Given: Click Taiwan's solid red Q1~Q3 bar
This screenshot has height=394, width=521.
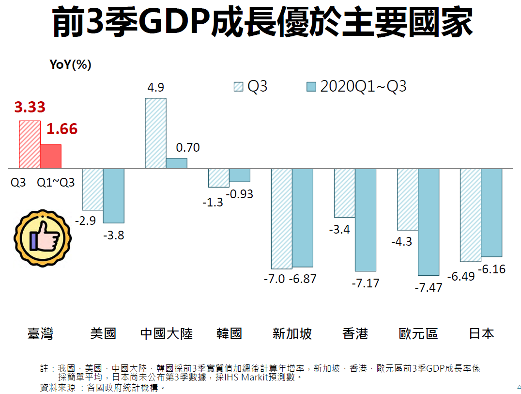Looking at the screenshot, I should point(50,157).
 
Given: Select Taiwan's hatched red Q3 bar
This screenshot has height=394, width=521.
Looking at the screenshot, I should point(30,144).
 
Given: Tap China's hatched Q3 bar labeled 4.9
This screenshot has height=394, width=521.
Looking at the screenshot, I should point(155,133).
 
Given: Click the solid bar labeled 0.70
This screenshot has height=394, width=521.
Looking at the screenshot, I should point(177,163).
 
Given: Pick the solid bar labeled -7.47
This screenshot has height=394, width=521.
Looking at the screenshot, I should point(429,222).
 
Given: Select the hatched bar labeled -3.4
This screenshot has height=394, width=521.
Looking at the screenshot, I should point(344,193).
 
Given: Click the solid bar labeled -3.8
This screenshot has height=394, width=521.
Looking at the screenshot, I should point(114,195).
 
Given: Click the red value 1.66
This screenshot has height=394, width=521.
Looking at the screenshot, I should point(62,129).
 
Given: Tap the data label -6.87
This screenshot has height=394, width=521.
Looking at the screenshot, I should point(303,279).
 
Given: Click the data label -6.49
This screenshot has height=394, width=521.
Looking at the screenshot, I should point(461,277).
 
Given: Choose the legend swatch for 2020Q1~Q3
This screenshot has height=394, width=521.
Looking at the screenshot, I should point(311,87).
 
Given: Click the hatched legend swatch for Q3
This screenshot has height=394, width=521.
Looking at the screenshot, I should point(238,87).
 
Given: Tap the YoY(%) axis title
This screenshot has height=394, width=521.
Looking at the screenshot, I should point(71,64).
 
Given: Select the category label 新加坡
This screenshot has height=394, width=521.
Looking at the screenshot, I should point(292,334).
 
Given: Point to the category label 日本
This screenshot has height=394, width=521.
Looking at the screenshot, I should point(481,334).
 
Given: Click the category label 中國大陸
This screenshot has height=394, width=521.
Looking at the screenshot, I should point(166,334).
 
